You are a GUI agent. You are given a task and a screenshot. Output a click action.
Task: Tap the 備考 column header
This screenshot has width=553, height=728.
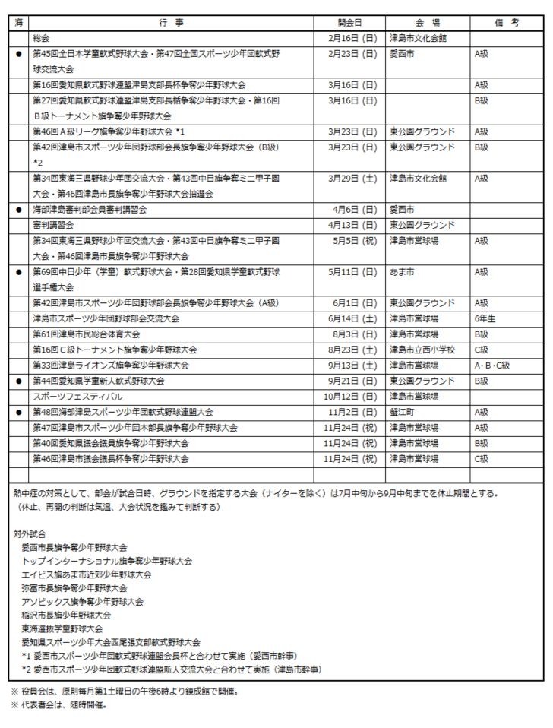point(506,23)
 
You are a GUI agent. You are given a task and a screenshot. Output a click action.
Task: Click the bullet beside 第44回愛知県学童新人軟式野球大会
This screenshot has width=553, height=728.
point(19,381)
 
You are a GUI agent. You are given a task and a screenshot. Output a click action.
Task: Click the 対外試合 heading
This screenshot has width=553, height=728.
point(28,531)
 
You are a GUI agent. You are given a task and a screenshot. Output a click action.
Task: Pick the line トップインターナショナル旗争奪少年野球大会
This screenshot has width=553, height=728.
point(107,561)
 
